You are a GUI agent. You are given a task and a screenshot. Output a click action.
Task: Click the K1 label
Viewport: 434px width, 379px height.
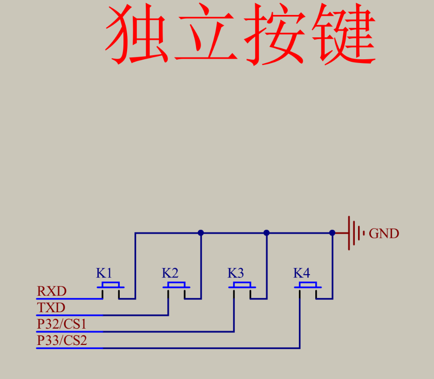[104, 273]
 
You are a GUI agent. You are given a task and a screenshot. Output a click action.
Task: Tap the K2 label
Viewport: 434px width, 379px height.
[170, 273]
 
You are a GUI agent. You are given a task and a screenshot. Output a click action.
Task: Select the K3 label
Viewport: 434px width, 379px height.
[236, 273]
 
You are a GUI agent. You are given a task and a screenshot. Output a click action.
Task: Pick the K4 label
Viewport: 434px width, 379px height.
[301, 273]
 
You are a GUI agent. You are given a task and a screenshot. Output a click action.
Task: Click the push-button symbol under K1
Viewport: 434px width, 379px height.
[111, 287]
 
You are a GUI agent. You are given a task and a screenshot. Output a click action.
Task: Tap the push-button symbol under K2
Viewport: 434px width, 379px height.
[176, 287]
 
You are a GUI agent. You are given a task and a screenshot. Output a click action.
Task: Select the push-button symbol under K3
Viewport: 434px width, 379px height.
[242, 287]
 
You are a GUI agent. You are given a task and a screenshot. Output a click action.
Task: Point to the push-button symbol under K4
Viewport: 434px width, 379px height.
[308, 287]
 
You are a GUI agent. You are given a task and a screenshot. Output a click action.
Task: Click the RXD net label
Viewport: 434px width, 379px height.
[52, 292]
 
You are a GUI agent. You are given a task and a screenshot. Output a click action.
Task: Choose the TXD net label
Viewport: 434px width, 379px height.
[51, 308]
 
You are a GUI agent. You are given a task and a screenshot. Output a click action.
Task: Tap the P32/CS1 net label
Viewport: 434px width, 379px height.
[62, 324]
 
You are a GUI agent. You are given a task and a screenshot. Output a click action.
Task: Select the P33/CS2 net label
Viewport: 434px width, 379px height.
[62, 341]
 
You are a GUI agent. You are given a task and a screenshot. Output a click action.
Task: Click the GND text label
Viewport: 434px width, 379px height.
[384, 234]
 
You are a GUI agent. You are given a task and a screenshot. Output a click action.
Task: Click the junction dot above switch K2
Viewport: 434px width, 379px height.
[201, 233]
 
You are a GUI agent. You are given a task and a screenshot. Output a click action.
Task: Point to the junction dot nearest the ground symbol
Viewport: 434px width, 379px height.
[332, 233]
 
